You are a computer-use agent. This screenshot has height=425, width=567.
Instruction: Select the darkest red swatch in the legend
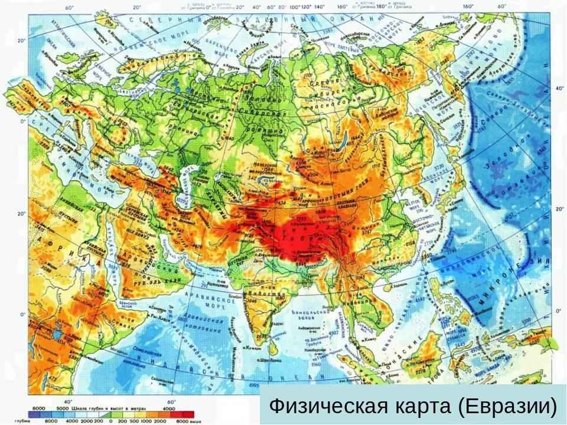[188, 414]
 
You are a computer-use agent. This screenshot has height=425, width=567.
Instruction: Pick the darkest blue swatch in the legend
[37, 414]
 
